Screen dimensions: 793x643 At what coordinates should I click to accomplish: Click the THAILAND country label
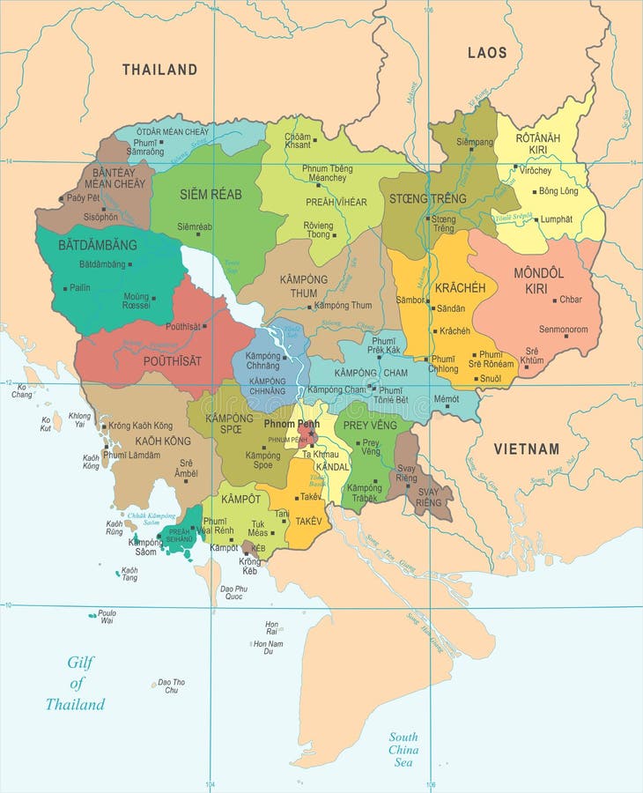pos(159,70)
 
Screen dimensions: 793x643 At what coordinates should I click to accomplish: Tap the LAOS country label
pos(487,53)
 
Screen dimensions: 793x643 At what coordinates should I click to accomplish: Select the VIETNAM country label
pos(526,448)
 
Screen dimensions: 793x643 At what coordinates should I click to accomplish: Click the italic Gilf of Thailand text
pos(76,684)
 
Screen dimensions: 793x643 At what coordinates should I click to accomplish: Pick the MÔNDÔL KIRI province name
pos(538,280)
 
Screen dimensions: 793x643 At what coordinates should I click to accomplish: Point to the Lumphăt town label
pos(556,219)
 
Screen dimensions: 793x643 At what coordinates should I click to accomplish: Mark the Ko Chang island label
pos(22,390)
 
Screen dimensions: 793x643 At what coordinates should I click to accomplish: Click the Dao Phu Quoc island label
pos(233,593)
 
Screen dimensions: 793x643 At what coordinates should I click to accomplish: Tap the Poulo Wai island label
pos(107,616)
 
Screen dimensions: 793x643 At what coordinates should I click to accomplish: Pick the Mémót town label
pos(446,399)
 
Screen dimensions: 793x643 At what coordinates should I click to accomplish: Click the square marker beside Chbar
pos(554,300)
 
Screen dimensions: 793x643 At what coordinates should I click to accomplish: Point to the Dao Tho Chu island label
pos(171,686)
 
